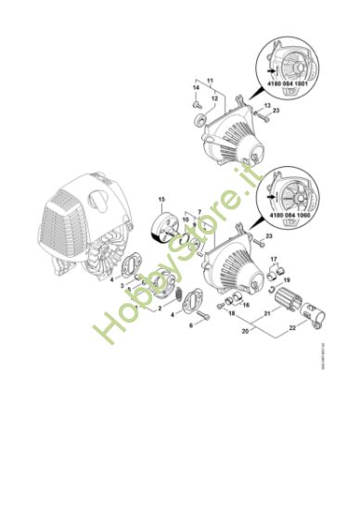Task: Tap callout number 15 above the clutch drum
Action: click(x=161, y=200)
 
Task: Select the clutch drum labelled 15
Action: click(x=168, y=228)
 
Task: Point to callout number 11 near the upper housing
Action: click(x=210, y=82)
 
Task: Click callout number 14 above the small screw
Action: click(x=197, y=87)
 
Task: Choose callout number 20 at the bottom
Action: click(x=244, y=329)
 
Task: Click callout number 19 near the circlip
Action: click(x=286, y=279)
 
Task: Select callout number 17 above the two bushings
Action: click(x=273, y=260)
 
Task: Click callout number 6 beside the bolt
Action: click(x=192, y=325)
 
